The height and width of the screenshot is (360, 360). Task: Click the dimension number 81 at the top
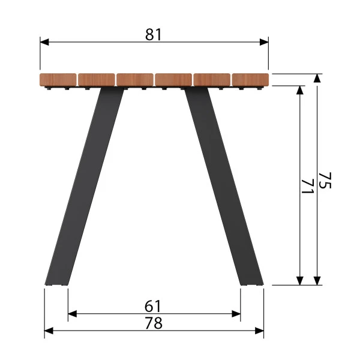pyautogui.click(x=154, y=34)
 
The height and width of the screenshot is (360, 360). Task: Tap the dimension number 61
pyautogui.click(x=153, y=306)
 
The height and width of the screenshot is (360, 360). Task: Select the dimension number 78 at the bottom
pyautogui.click(x=154, y=323)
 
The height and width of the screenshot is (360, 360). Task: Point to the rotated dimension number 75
pyautogui.click(x=325, y=181)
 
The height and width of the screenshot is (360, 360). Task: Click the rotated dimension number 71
pyautogui.click(x=307, y=186)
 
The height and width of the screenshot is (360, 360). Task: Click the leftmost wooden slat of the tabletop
pyautogui.click(x=58, y=80)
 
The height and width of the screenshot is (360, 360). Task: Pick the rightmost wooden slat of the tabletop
pyautogui.click(x=250, y=80)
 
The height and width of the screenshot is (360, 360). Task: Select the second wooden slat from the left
pyautogui.click(x=97, y=80)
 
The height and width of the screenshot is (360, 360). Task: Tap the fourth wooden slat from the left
pyautogui.click(x=173, y=80)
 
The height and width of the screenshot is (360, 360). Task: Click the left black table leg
pyautogui.click(x=85, y=186)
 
